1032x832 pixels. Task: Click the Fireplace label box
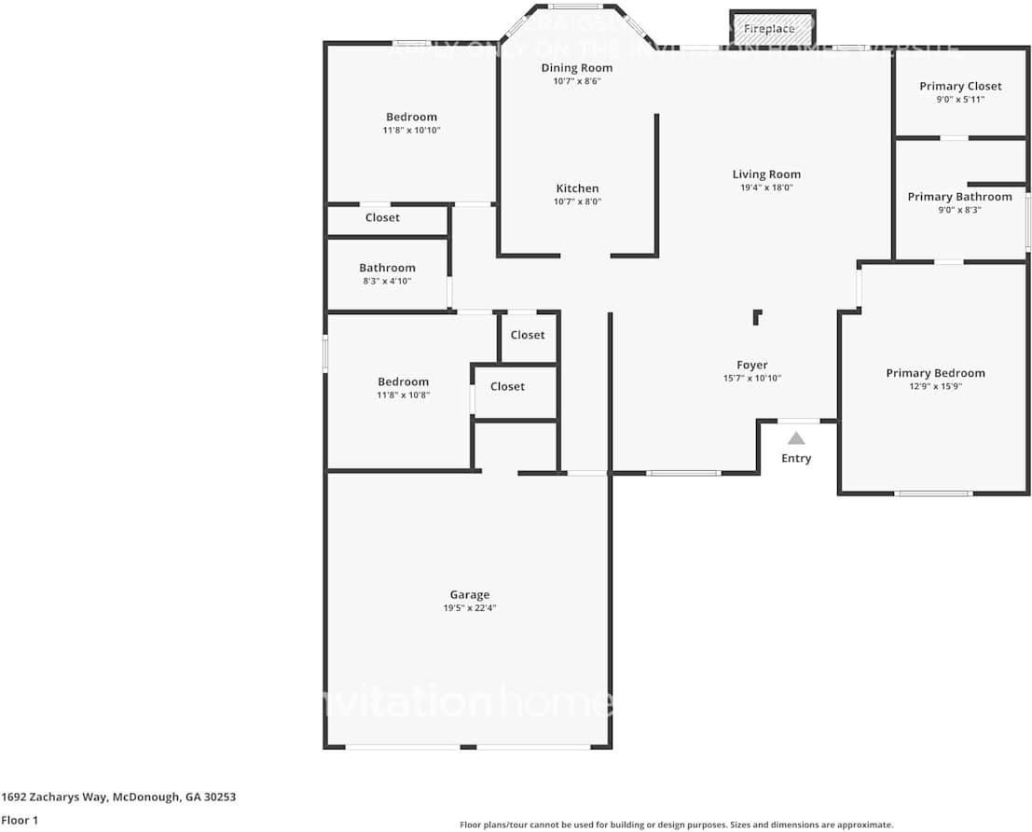click(x=770, y=29)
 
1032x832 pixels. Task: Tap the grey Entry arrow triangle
click(x=796, y=438)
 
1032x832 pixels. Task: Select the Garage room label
click(x=469, y=595)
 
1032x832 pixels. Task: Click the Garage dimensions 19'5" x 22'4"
click(x=469, y=608)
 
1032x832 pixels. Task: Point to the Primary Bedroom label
click(x=935, y=373)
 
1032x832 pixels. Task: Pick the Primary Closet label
click(x=960, y=87)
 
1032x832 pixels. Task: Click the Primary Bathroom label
click(x=959, y=197)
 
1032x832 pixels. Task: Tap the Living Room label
click(x=766, y=174)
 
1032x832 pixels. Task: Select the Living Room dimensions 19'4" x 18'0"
click(x=766, y=187)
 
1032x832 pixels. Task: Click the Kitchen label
click(x=577, y=188)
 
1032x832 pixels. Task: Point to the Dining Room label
click(x=577, y=68)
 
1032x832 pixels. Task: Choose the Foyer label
click(x=752, y=366)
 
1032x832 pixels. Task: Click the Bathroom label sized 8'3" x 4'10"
click(x=387, y=269)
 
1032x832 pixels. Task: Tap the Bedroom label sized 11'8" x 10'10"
click(x=411, y=118)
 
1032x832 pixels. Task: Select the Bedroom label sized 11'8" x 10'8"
click(x=403, y=381)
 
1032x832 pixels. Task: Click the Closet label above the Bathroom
click(x=382, y=218)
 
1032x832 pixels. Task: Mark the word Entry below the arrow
click(x=796, y=459)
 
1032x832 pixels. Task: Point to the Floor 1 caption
click(x=20, y=820)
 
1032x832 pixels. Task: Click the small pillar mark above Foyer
click(x=757, y=317)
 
